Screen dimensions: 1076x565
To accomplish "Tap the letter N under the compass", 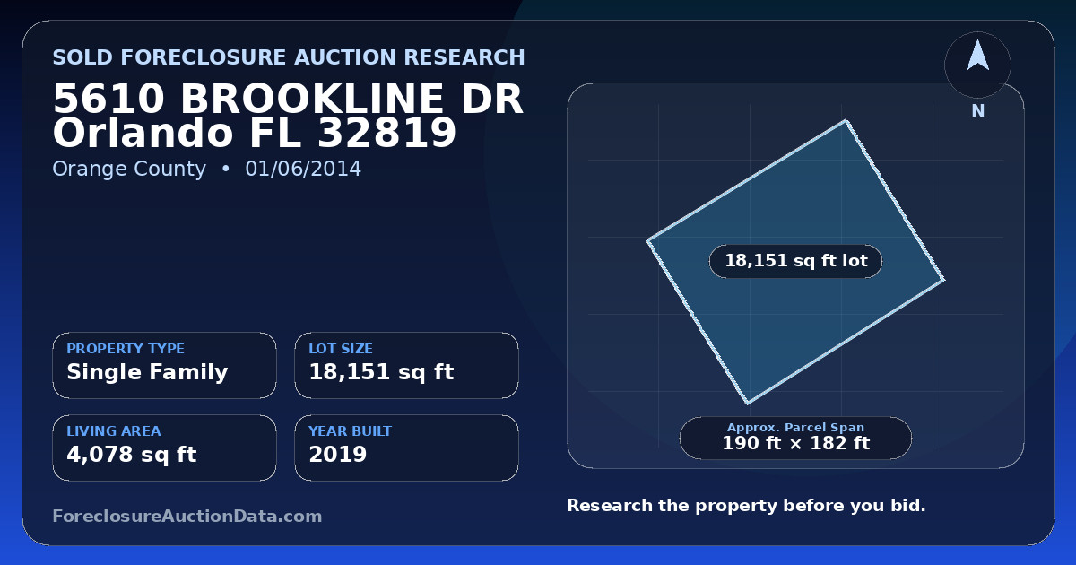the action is [978, 111].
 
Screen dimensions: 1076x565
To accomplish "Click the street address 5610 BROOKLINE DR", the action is [288, 99].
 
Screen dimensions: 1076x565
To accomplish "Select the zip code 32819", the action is [386, 133].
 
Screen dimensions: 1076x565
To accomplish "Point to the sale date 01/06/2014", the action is [303, 169].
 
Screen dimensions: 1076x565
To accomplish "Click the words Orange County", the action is [129, 169].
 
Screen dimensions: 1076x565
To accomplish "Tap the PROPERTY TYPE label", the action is [126, 348].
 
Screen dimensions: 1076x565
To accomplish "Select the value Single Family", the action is [147, 372].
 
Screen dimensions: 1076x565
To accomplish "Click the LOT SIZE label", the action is [341, 348].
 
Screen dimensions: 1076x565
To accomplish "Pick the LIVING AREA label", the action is [114, 431].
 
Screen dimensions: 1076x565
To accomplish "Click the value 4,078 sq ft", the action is [132, 455].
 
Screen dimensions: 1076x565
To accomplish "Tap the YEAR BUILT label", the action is [351, 431].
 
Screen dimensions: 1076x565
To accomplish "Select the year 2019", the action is [338, 455].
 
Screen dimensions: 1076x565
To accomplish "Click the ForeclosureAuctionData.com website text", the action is [187, 516].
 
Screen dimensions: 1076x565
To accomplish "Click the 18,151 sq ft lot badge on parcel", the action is [795, 261].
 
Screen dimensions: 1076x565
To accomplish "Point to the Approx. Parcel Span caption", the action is [795, 427].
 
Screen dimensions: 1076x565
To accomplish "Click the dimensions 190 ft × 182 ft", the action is [795, 443].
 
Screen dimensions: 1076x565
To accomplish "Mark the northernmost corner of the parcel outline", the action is [846, 120].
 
